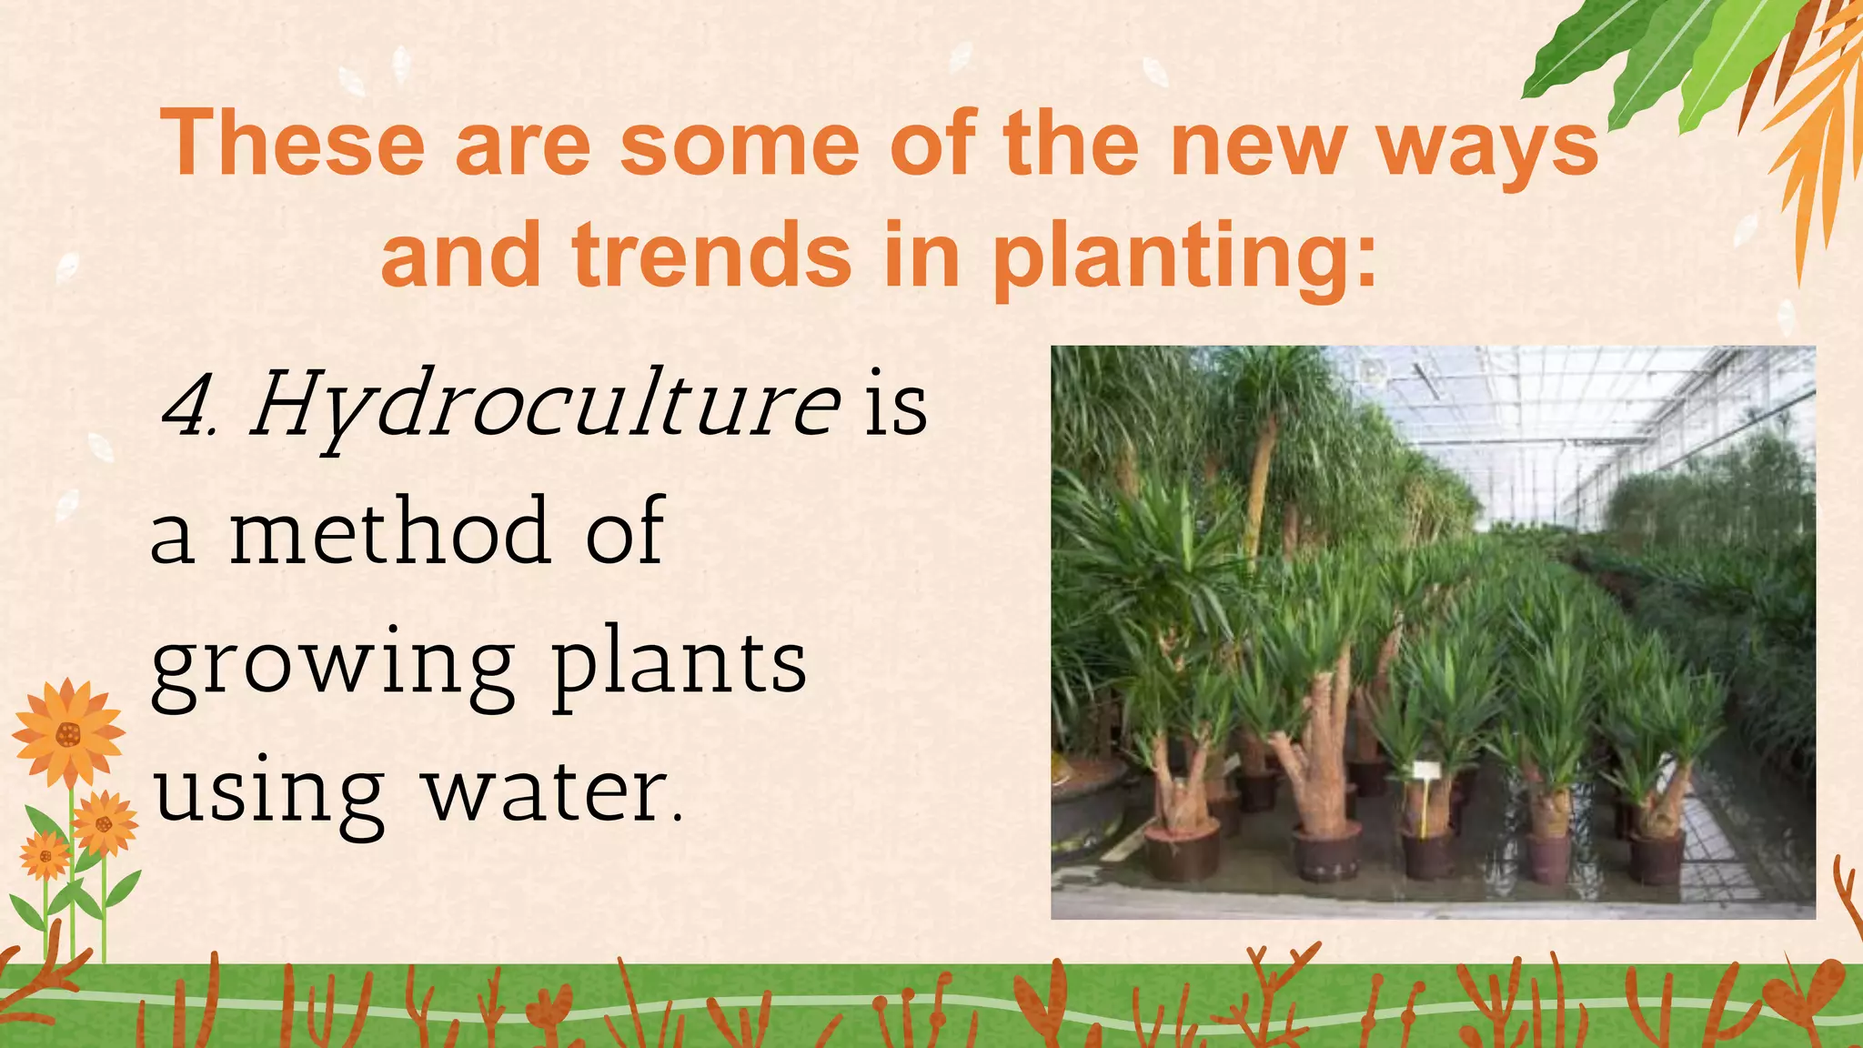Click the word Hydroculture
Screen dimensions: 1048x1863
[x=544, y=406]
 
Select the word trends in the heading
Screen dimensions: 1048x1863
[x=711, y=256]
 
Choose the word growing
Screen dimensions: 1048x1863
[x=333, y=664]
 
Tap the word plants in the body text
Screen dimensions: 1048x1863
[x=679, y=664]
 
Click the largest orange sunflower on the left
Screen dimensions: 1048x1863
[x=67, y=733]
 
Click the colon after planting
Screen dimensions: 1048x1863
[x=1365, y=264]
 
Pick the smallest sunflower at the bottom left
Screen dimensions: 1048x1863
[x=45, y=856]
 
